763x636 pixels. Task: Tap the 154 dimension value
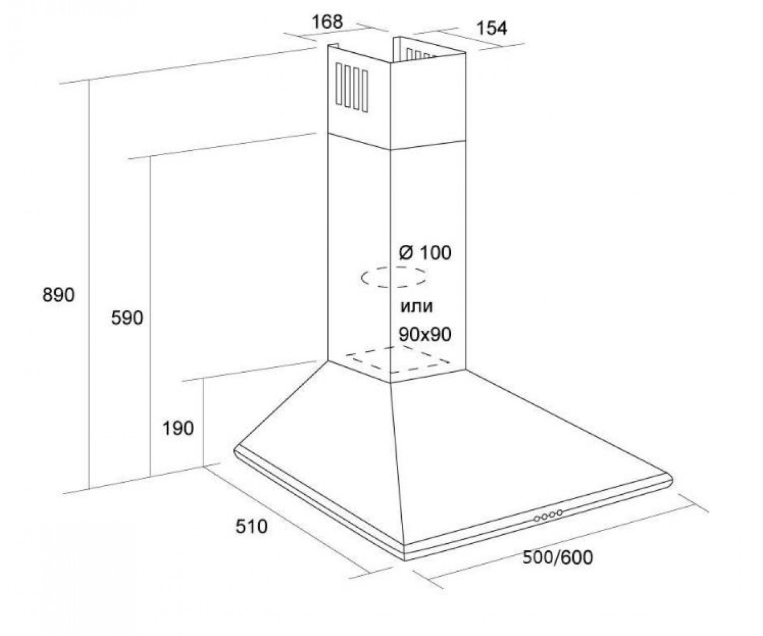[x=492, y=29]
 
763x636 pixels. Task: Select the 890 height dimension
[x=58, y=295]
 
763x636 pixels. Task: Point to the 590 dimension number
[x=127, y=318]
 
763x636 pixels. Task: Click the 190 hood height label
[x=178, y=428]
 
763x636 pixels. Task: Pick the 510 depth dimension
[x=251, y=527]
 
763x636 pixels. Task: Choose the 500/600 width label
[x=558, y=557]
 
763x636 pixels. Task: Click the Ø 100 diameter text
[x=425, y=252]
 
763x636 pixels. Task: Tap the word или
[x=416, y=307]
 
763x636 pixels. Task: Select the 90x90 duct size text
[x=425, y=334]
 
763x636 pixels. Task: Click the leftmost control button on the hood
[x=537, y=519]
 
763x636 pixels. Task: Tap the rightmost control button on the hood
[x=559, y=513]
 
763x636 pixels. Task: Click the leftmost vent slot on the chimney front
[x=339, y=84]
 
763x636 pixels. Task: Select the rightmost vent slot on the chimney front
[x=365, y=91]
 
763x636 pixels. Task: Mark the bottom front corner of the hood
[x=405, y=559]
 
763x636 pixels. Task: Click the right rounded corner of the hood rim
[x=671, y=481]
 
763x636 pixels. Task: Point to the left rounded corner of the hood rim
[x=237, y=452]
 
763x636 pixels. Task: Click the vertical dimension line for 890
[x=89, y=285]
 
